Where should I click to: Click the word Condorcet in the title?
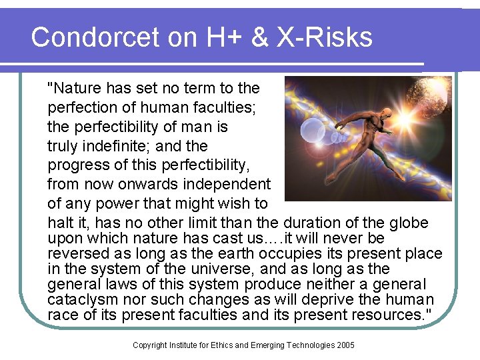94,37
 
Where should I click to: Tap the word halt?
61,222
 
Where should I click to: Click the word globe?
408,222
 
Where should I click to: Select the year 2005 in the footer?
345,345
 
